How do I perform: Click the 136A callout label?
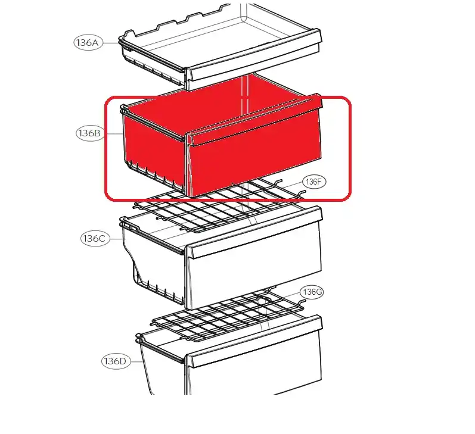pyautogui.click(x=88, y=43)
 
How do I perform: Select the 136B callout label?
pyautogui.click(x=89, y=133)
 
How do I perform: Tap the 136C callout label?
pyautogui.click(x=95, y=239)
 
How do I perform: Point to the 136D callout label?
pyautogui.click(x=115, y=361)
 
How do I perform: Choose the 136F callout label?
pyautogui.click(x=314, y=182)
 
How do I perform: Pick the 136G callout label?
pyautogui.click(x=312, y=292)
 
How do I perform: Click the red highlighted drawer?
pyautogui.click(x=221, y=136)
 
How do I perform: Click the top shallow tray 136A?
pyautogui.click(x=220, y=45)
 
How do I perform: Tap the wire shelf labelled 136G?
pyautogui.click(x=227, y=316)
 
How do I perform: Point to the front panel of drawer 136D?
pyautogui.click(x=254, y=372)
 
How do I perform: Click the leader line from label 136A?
pyautogui.click(x=110, y=43)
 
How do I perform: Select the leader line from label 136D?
pyautogui.click(x=136, y=361)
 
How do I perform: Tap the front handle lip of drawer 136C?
pyautogui.click(x=254, y=232)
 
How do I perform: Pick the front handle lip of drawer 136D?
pyautogui.click(x=254, y=341)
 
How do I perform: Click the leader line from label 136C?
pyautogui.click(x=117, y=239)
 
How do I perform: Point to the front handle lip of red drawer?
pyautogui.click(x=254, y=120)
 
